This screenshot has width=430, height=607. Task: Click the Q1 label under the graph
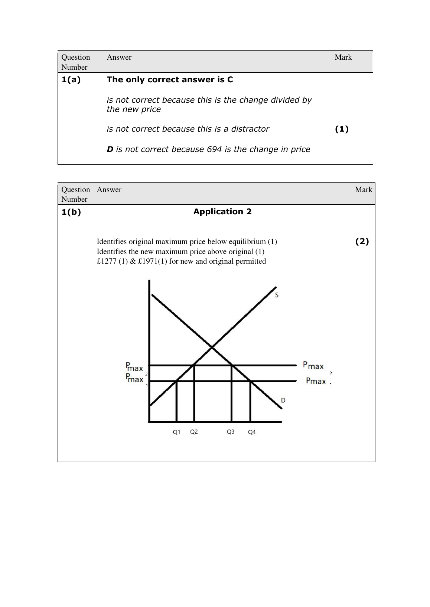(x=176, y=432)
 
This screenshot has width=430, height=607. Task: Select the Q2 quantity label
(x=194, y=432)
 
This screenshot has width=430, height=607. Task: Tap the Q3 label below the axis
(x=231, y=432)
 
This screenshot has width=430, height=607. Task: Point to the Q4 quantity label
(x=252, y=432)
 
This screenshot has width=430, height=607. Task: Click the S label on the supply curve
(x=277, y=295)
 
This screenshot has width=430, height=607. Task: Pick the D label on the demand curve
(x=283, y=400)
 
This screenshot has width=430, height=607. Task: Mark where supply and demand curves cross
(x=212, y=347)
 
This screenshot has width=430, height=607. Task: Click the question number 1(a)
(x=71, y=80)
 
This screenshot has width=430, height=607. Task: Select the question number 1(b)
(x=71, y=212)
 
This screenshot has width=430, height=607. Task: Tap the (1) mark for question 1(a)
(x=342, y=129)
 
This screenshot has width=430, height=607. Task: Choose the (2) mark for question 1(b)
(x=362, y=241)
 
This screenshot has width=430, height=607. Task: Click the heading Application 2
(x=222, y=212)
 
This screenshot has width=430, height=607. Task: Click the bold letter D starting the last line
(x=110, y=149)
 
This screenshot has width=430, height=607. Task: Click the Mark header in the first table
(x=343, y=57)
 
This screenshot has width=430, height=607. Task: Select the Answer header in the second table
(x=109, y=189)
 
